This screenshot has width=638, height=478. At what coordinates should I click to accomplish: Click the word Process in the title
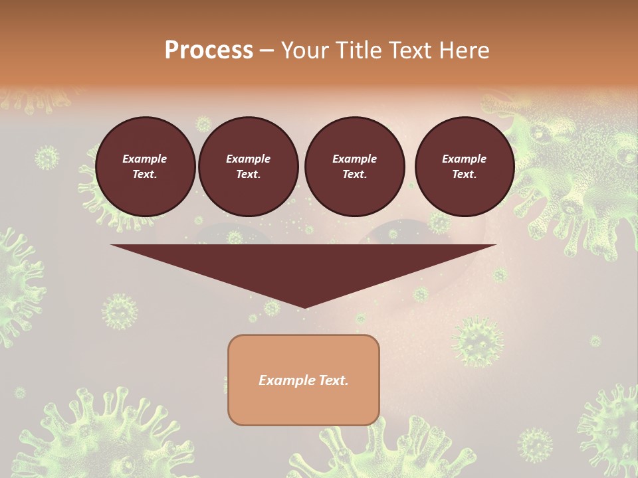tap(209, 50)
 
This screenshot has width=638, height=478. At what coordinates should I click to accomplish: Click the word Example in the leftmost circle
tap(145, 159)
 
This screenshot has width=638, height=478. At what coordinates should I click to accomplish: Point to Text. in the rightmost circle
tap(464, 174)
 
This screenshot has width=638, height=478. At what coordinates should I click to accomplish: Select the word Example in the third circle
tap(354, 159)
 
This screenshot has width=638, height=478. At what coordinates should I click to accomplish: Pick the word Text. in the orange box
tap(334, 380)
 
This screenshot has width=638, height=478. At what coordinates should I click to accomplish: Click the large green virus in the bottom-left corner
tap(100, 432)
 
